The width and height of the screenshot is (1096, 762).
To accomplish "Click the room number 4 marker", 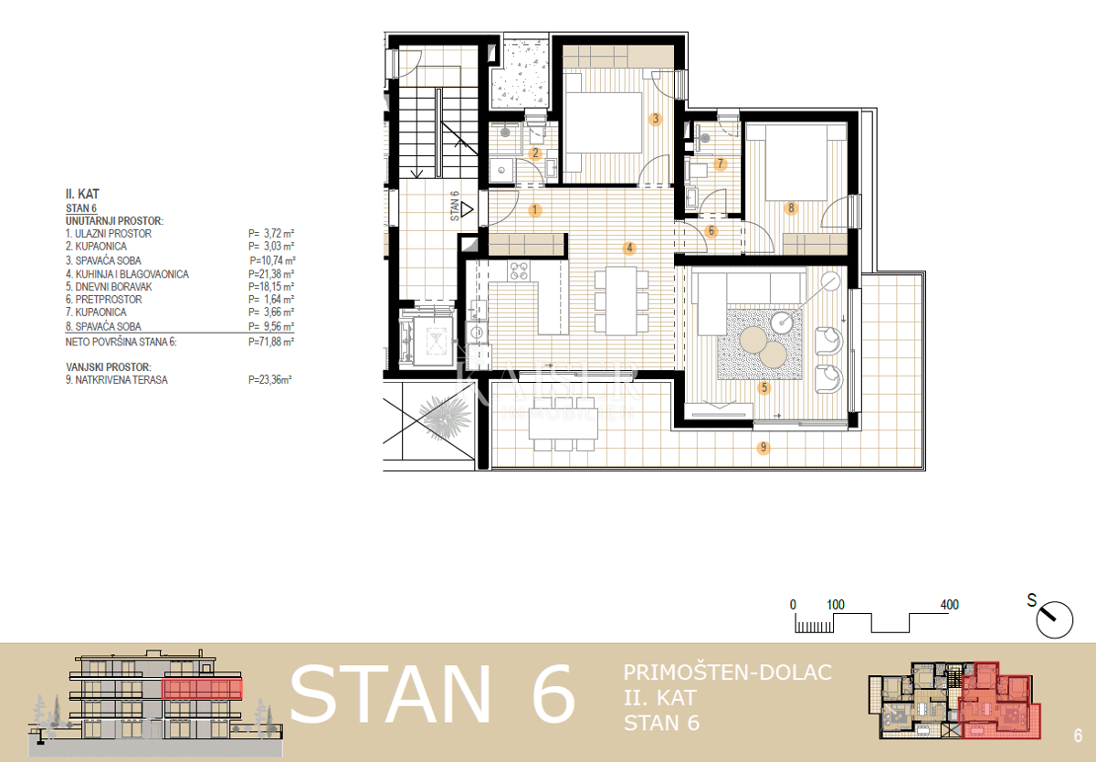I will pyautogui.click(x=628, y=248).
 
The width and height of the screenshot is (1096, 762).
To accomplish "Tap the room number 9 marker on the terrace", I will pyautogui.click(x=764, y=448).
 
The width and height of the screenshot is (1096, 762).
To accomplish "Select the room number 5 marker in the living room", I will pyautogui.click(x=764, y=387).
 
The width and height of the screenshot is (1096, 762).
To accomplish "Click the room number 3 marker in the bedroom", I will pyautogui.click(x=655, y=119).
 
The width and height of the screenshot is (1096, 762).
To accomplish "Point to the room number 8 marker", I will pyautogui.click(x=791, y=208).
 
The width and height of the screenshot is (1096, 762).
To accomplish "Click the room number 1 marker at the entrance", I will pyautogui.click(x=535, y=210).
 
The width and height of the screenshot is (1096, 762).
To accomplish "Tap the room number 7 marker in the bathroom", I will pyautogui.click(x=720, y=164).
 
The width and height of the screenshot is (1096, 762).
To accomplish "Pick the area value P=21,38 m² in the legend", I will pyautogui.click(x=271, y=273).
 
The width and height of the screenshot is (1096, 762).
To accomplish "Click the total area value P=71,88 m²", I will pyautogui.click(x=271, y=341).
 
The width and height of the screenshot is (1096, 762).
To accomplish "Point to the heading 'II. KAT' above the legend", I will pyautogui.click(x=82, y=194).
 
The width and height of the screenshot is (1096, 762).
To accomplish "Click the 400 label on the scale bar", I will pyautogui.click(x=949, y=605).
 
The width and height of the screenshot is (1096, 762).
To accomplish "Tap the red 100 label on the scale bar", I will pyautogui.click(x=835, y=605).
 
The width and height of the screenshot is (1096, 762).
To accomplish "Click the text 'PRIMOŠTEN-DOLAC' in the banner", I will pyautogui.click(x=727, y=673).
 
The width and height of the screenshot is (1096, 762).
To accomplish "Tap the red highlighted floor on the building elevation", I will pyautogui.click(x=202, y=689).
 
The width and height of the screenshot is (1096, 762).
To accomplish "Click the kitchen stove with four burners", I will pyautogui.click(x=519, y=270).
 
